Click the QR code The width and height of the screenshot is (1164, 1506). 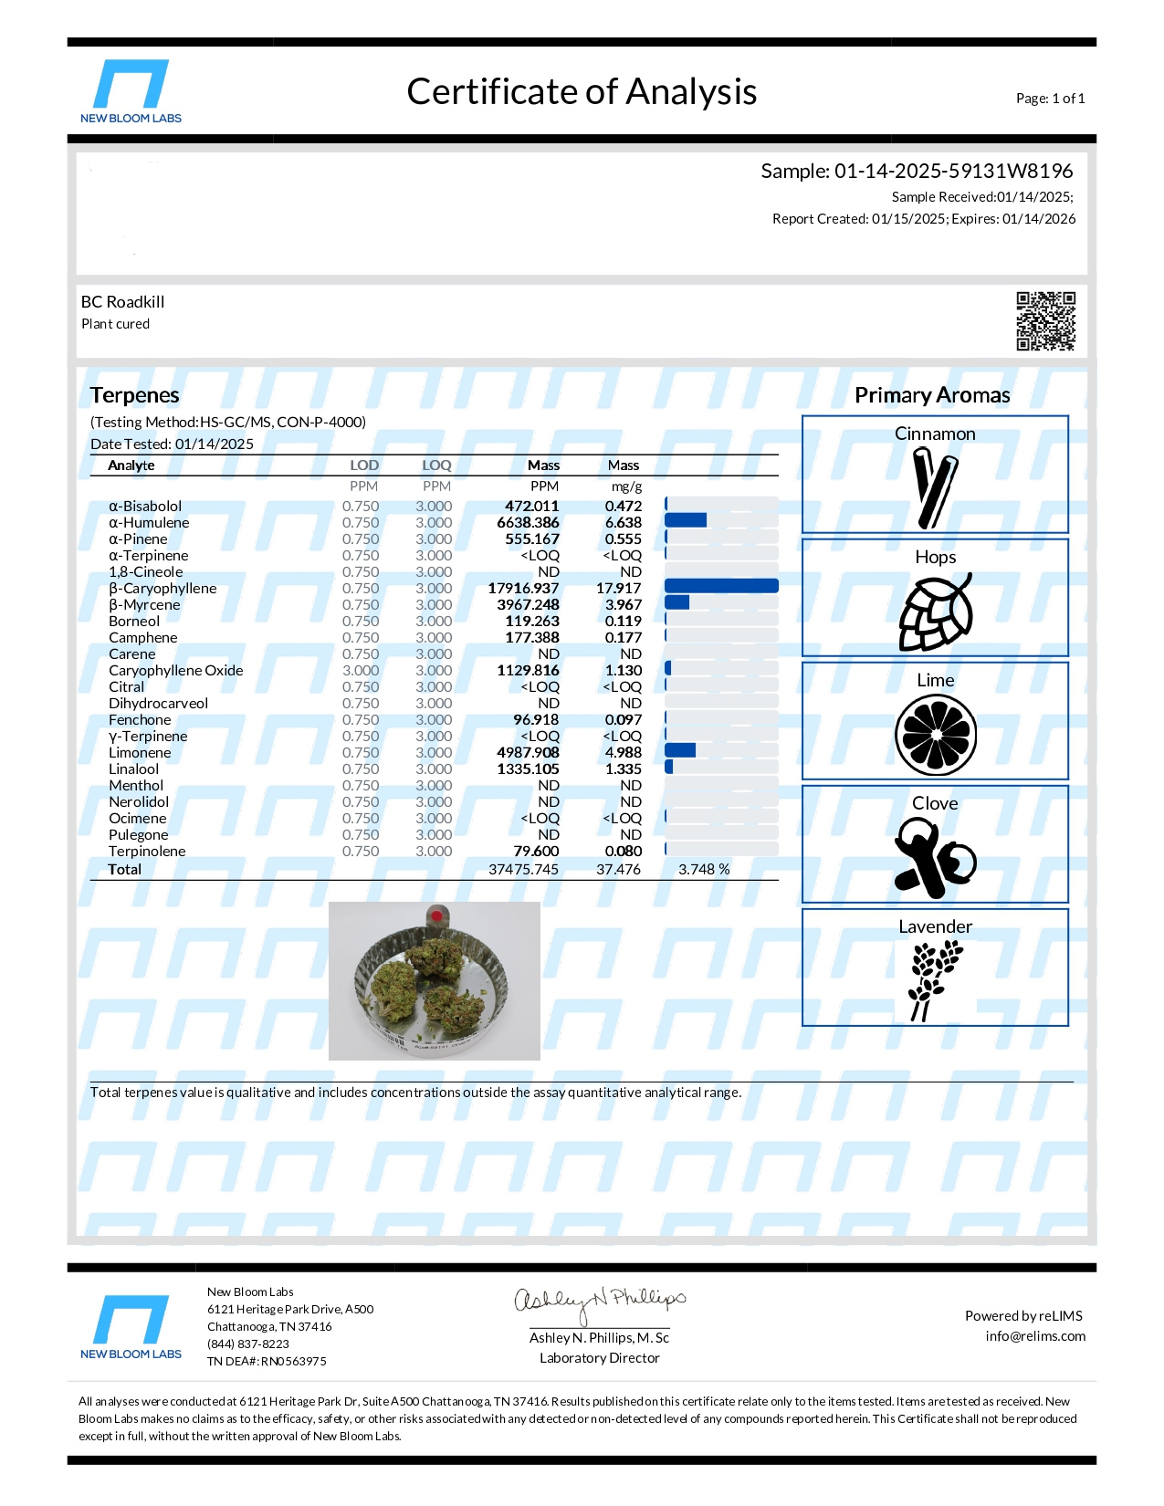(1045, 321)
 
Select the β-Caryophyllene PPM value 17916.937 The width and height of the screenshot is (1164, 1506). (523, 589)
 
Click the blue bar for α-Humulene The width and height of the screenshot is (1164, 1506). (686, 520)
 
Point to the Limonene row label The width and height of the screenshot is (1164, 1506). (140, 753)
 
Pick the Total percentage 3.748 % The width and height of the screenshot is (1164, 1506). (704, 870)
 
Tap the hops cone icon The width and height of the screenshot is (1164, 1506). (935, 612)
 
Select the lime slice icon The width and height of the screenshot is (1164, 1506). (936, 735)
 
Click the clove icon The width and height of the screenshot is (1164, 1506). (934, 858)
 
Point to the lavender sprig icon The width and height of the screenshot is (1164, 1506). (933, 980)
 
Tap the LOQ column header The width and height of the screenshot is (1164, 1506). (436, 465)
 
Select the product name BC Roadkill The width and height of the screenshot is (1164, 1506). (123, 302)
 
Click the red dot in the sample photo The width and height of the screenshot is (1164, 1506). (436, 915)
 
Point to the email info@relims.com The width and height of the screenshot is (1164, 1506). (1035, 1336)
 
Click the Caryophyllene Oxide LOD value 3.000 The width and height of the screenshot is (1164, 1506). (361, 671)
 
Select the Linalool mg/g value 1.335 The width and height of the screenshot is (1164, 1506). (624, 769)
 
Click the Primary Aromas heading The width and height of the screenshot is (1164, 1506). (932, 395)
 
